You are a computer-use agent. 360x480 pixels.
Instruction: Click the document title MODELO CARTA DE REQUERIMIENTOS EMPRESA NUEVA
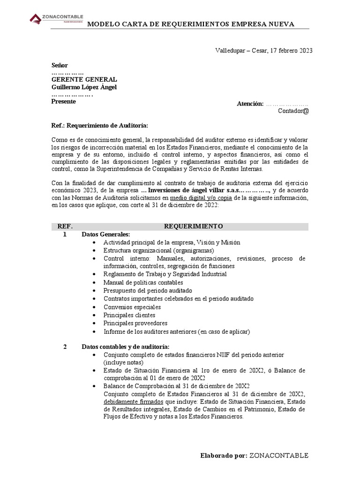coord(191,24)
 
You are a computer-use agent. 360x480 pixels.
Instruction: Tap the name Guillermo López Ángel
coord(84,87)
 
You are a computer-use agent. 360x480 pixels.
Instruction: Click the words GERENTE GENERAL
coord(84,80)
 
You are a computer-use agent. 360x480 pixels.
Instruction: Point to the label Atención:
coord(250,104)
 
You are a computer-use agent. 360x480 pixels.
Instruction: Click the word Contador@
coord(293,111)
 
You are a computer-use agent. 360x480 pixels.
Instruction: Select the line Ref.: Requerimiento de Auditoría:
coord(99,126)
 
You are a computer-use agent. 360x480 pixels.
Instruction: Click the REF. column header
coord(65,226)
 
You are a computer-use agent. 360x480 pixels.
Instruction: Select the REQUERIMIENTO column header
coord(193,226)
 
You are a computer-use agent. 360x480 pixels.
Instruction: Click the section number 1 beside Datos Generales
coord(65,234)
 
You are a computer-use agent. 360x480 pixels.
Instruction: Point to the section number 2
coord(65,346)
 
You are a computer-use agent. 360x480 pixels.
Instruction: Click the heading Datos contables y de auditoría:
coord(126,346)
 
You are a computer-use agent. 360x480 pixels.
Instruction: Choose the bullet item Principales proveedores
coord(135,323)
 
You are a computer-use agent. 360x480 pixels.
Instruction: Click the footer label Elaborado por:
coord(223,455)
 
